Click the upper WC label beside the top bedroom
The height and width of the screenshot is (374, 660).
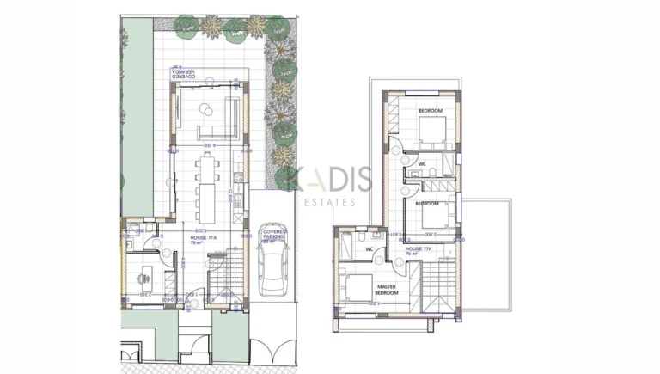[x=422, y=163]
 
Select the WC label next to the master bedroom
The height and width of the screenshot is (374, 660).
[x=369, y=250]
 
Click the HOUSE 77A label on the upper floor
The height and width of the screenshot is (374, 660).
[x=424, y=249]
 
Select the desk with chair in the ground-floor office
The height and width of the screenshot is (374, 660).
[x=145, y=274]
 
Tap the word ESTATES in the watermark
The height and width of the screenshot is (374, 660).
[x=331, y=203]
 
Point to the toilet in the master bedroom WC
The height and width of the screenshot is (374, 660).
[x=366, y=236]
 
